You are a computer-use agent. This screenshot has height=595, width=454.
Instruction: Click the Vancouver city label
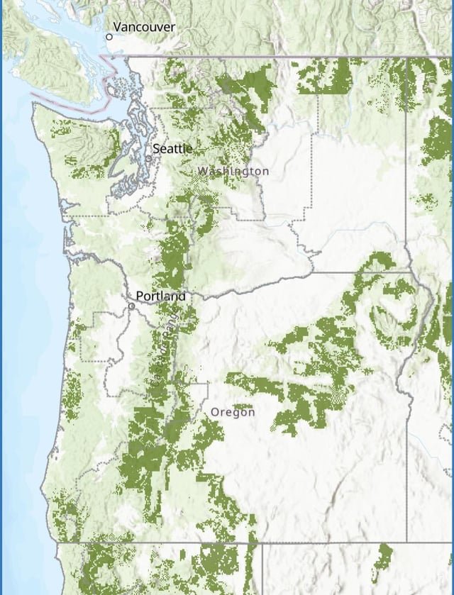click(144, 27)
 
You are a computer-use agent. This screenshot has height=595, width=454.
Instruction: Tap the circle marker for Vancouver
click(109, 36)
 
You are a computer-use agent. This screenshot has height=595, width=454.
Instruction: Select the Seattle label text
click(172, 148)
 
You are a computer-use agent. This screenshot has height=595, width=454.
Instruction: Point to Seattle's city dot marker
click(149, 159)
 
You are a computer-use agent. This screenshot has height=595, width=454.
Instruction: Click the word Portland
click(160, 296)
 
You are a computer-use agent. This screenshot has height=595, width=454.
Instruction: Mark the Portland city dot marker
click(132, 306)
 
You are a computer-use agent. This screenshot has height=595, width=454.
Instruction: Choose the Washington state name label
click(233, 171)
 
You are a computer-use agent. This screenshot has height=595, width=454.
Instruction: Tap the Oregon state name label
click(233, 411)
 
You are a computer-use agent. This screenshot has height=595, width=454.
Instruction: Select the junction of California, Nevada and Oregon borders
click(262, 543)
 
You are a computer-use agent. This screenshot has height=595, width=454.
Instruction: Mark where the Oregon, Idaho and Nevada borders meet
click(407, 543)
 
